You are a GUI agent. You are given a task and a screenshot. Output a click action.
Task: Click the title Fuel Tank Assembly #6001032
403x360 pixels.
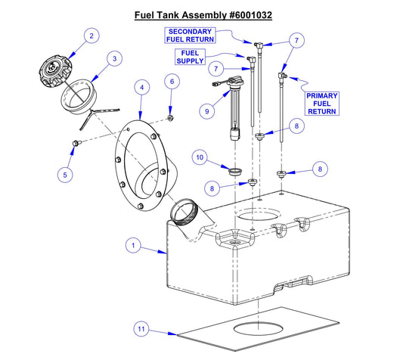click(x=203, y=14)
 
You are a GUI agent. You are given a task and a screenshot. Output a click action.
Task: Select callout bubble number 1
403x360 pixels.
click(x=133, y=245)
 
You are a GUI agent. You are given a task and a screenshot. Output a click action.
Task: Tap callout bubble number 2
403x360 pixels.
click(x=91, y=36)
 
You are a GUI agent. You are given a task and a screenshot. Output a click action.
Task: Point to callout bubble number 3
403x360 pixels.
click(x=114, y=58)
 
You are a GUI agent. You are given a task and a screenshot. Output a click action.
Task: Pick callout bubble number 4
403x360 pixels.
click(x=141, y=88)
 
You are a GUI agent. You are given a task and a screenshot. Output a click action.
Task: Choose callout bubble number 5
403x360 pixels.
click(x=66, y=175)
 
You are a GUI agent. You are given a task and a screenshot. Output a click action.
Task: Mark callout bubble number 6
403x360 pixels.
click(x=172, y=81)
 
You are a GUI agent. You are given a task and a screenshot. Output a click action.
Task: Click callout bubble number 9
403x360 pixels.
click(x=204, y=111)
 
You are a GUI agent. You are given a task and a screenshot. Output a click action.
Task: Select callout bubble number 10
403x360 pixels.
click(x=200, y=157)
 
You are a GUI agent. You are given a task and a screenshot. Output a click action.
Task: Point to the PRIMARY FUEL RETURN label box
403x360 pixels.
click(x=322, y=104)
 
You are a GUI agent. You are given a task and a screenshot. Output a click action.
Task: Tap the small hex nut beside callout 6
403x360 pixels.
click(x=172, y=117)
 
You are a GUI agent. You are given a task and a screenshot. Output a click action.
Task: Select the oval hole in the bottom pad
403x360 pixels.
click(x=259, y=330)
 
